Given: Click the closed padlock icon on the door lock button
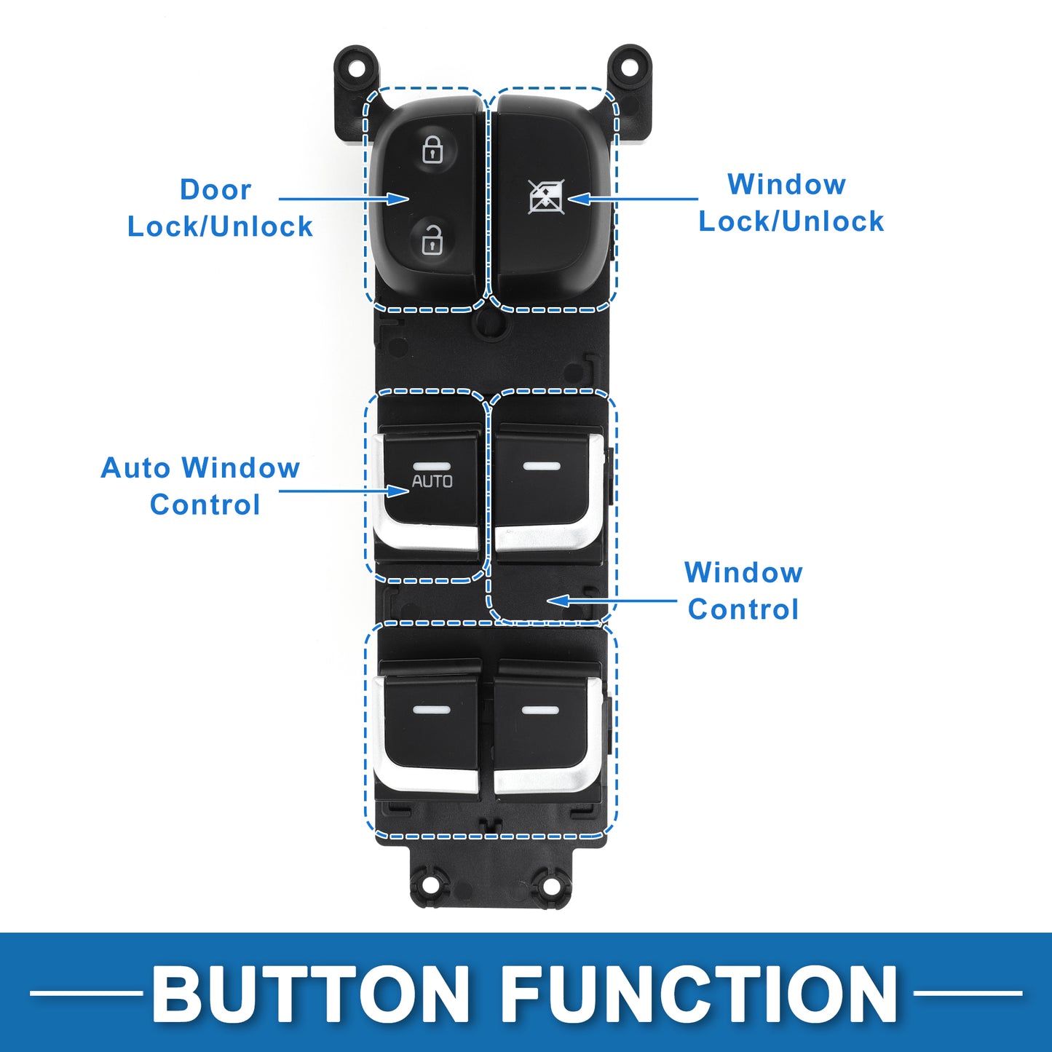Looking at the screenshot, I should click(x=432, y=150).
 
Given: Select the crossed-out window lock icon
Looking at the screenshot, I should click(x=546, y=197).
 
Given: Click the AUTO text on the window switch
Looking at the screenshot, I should click(x=432, y=481).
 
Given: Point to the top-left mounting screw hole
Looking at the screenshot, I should click(x=356, y=68).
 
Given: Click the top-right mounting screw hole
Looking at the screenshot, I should click(x=628, y=68).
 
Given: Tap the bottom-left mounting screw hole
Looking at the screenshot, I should click(x=430, y=885).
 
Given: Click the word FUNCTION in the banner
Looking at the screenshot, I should click(x=699, y=994).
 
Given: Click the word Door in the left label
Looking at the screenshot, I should click(x=215, y=190).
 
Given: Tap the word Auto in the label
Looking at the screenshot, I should click(x=138, y=468).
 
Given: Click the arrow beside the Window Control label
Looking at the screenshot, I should click(x=612, y=601).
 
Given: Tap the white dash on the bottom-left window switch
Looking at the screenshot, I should click(x=431, y=709).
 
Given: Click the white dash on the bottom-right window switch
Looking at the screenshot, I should click(x=541, y=710).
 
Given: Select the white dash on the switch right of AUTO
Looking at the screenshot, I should click(x=542, y=466).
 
